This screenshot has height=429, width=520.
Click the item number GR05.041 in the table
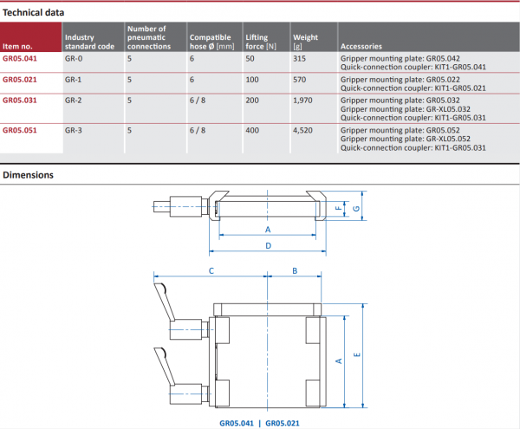click(20, 59)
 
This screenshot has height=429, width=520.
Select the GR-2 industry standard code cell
click(74, 101)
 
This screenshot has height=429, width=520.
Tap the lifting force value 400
click(252, 130)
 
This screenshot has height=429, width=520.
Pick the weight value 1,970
click(302, 101)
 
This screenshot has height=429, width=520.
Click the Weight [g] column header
click(305, 42)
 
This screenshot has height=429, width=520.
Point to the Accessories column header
click(361, 47)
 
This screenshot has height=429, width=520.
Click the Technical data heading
click(33, 13)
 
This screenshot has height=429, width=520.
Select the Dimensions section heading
click(29, 175)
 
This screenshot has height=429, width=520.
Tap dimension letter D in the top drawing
click(269, 245)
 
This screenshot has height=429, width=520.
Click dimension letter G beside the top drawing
click(356, 209)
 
